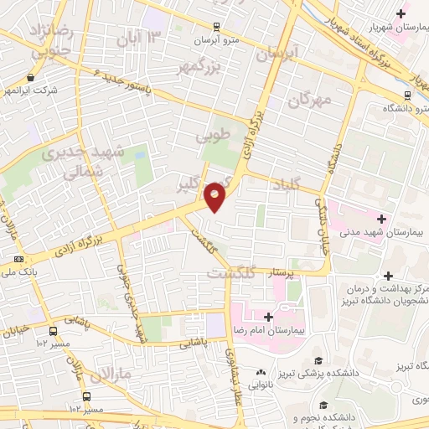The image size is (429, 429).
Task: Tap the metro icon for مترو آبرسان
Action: click(217, 27)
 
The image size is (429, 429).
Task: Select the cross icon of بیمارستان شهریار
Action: click(402, 13)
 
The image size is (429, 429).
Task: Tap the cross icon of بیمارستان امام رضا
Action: click(267, 317)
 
